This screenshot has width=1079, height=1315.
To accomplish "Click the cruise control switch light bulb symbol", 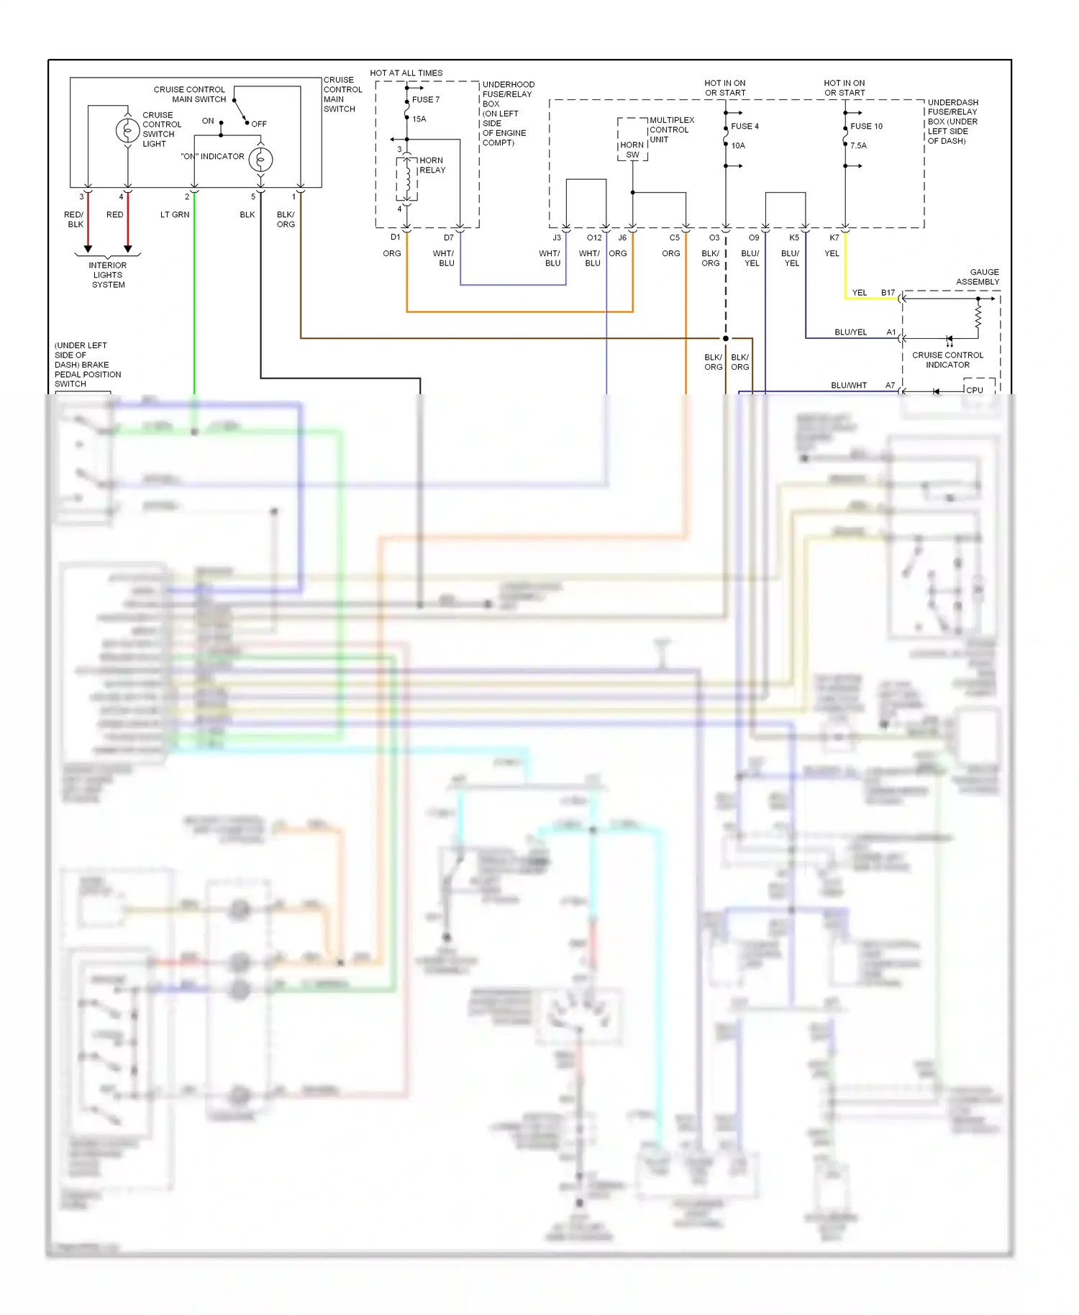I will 127,130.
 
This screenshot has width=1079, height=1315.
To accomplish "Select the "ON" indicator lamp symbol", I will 260,159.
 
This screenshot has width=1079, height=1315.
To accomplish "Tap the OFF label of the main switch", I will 259,124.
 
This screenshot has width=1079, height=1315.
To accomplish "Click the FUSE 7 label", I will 426,100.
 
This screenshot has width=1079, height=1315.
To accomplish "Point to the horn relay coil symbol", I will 407,181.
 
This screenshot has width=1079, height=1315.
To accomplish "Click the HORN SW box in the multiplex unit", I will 632,150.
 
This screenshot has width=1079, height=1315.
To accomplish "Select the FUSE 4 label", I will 745,127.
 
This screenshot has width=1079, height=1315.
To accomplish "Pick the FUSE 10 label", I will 866,127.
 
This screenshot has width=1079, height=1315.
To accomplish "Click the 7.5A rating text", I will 858,146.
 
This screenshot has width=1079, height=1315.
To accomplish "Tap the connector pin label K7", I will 834,238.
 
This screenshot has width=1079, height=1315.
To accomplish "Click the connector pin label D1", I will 395,237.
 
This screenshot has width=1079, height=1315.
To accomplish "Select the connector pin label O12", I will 594,238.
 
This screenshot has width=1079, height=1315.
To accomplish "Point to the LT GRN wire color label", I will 175,215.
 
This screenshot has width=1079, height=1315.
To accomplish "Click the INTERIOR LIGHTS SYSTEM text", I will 108,275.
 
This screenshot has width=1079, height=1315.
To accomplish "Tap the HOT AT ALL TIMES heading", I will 406,73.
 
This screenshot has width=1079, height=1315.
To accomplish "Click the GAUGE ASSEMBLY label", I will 978,277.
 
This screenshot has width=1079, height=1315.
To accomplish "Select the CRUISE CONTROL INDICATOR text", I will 947,360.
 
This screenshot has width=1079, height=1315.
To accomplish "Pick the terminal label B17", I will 888,293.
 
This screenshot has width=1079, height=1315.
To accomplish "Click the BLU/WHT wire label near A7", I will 849,386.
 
